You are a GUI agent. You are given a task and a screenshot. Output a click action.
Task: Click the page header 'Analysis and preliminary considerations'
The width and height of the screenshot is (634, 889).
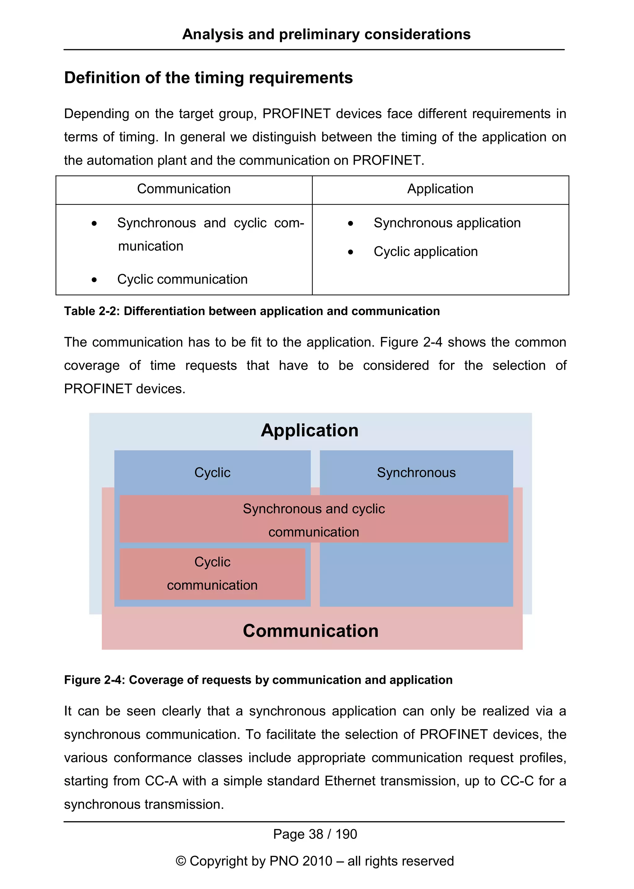(326, 34)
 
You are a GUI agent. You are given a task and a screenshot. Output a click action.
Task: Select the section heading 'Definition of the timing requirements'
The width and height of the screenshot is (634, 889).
(208, 78)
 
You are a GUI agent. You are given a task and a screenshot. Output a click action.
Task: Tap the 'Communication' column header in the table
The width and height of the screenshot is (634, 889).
(184, 189)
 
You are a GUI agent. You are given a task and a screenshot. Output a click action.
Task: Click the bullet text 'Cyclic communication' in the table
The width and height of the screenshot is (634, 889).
(182, 279)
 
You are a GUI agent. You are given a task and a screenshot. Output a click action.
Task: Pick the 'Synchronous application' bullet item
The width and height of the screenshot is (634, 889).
(447, 223)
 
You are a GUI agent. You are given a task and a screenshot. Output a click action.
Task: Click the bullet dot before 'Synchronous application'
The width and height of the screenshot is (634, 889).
(350, 224)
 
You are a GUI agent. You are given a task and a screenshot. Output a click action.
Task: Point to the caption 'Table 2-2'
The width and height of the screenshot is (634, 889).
(91, 311)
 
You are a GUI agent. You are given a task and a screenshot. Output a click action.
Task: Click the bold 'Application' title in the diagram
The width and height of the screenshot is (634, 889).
(310, 430)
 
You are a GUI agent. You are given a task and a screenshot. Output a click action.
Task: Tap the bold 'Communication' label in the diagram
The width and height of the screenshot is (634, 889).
(310, 631)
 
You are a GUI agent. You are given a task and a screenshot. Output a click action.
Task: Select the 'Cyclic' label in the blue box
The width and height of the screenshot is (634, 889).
(212, 473)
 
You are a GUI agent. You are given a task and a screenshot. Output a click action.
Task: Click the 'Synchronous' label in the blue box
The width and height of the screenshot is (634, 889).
(416, 473)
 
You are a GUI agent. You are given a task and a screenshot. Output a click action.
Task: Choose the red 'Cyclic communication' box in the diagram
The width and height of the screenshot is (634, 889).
(212, 573)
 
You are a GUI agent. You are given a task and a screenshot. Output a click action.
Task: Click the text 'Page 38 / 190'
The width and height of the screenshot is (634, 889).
(315, 834)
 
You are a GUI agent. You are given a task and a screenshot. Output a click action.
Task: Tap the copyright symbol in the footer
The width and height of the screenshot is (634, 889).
(181, 861)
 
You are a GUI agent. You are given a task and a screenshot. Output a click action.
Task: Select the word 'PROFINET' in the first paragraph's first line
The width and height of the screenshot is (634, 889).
(296, 114)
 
